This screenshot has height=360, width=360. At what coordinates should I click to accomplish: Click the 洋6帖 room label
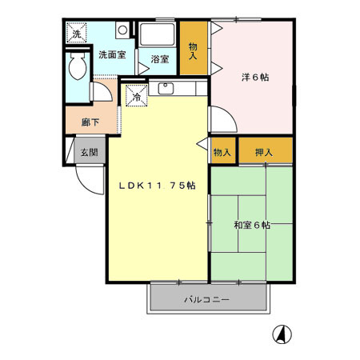click(x=254, y=78)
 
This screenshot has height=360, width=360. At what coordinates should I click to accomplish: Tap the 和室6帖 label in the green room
click(x=252, y=226)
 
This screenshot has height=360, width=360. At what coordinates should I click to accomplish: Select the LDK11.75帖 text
click(x=158, y=186)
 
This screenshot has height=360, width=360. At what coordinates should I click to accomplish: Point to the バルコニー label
click(x=207, y=300)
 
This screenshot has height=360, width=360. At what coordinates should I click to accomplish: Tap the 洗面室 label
click(x=111, y=55)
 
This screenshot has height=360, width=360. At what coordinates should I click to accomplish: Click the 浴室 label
click(x=159, y=58)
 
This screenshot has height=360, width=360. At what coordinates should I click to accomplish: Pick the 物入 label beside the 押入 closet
click(x=222, y=152)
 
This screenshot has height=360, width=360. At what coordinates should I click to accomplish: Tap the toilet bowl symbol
click(x=78, y=68)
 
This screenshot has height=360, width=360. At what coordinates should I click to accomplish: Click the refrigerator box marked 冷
click(x=135, y=96)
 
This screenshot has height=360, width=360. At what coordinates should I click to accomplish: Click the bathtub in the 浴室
click(x=158, y=34)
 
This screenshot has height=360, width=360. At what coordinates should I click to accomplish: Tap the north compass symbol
click(x=282, y=334)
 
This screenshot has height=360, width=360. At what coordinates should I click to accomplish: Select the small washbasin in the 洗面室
click(x=121, y=30)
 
